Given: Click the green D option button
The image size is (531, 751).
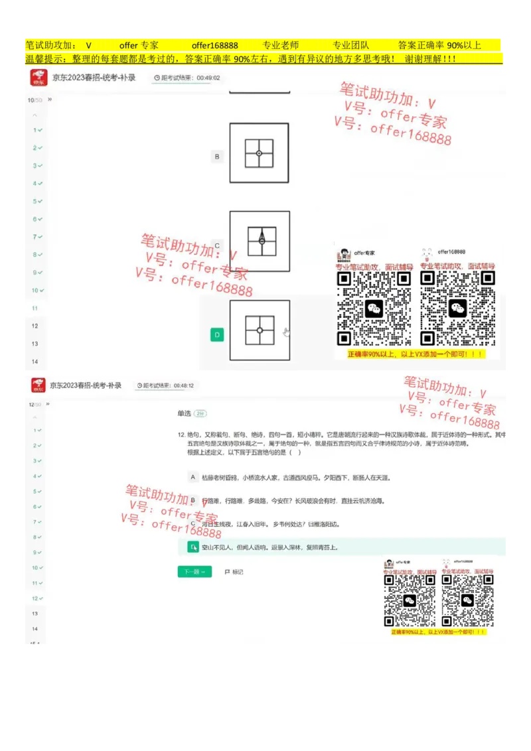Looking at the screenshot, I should pos(217,334).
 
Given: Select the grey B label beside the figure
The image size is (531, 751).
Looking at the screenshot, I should pos(217,157).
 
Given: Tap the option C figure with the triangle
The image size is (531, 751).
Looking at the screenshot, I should pos(260,241).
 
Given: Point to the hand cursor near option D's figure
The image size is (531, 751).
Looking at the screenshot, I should pos(286,332).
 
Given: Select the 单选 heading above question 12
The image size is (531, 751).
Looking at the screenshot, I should pos(184,413).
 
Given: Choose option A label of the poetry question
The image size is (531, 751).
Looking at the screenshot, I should pos(192,477).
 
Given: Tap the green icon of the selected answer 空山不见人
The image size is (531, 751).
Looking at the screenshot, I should pos(192,547).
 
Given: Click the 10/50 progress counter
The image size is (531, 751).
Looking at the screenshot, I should pos(34,100).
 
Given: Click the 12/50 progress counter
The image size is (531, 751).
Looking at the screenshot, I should pos(34,404).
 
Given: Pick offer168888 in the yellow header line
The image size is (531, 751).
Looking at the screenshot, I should pos(214,46).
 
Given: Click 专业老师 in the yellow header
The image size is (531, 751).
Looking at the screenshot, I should pos(281,46).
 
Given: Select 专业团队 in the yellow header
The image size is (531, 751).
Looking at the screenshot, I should pos(350,46).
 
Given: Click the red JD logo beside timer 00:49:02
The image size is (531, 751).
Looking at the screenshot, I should pos(39,78).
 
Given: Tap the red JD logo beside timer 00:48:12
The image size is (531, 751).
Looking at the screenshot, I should pos(38,385).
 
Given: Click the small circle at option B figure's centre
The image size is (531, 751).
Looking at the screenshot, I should pos(260,153).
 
